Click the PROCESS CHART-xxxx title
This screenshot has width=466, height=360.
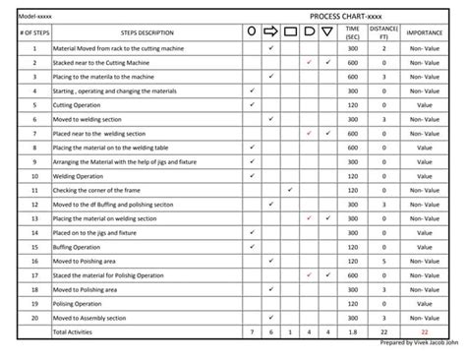(x=345, y=17)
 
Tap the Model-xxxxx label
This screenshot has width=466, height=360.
(x=36, y=17)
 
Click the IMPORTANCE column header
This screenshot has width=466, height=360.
(x=424, y=32)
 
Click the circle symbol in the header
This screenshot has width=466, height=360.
(x=253, y=32)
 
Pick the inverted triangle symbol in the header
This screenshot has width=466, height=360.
(x=327, y=32)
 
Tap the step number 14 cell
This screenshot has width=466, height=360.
(x=34, y=233)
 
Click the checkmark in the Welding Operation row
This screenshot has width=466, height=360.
(x=253, y=176)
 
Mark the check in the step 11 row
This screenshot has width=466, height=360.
(x=290, y=190)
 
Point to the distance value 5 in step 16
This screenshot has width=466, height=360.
(x=384, y=262)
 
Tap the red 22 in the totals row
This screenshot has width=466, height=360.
(x=424, y=332)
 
